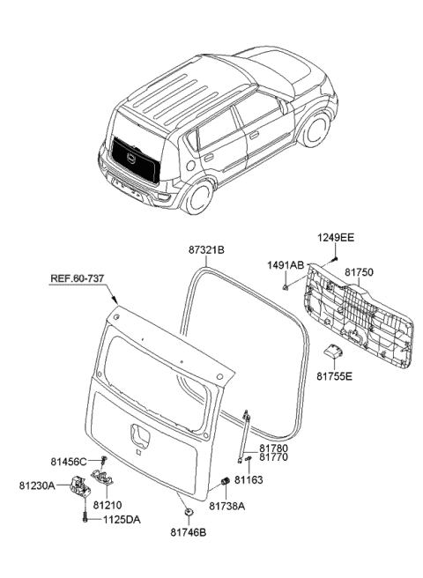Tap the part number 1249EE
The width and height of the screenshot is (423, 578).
[336, 238]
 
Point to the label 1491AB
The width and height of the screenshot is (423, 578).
[286, 264]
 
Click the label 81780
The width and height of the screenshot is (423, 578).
[273, 449]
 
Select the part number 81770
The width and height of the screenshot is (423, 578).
[273, 459]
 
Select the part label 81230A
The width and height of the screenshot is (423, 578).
[37, 485]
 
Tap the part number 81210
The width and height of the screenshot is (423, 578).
[107, 507]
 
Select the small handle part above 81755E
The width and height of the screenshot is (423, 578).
[333, 352]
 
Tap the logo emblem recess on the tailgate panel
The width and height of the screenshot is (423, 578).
[140, 436]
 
